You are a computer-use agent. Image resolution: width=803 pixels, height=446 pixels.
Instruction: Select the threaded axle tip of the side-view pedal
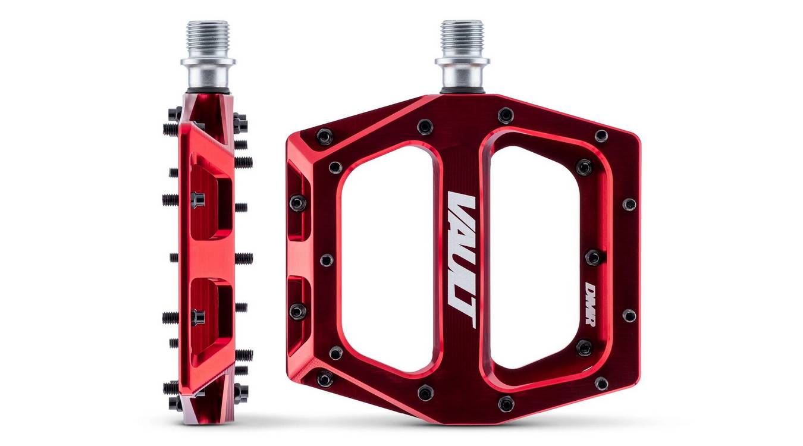tap(208, 35)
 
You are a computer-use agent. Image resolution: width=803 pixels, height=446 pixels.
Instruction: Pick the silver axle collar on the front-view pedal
tap(462, 71)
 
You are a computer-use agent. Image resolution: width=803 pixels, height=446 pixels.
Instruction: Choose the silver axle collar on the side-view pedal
tap(208, 71)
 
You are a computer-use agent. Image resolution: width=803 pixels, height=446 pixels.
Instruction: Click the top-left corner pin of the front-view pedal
tap(324, 137)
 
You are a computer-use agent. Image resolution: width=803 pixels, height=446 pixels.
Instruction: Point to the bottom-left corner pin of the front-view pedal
tap(325, 378)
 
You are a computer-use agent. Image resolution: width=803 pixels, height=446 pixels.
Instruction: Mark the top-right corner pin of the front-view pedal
tap(601, 136)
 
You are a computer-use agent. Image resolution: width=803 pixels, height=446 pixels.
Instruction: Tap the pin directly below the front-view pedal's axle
tap(506, 115)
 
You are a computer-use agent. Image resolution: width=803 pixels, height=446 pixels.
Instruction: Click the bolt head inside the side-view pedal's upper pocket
tap(198, 199)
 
